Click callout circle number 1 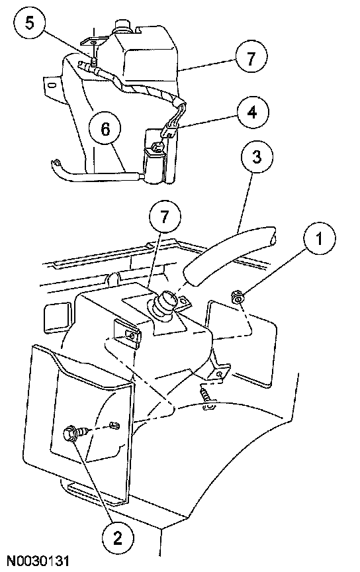point(319,239)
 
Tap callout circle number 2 point(117,538)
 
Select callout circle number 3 point(257,157)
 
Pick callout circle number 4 point(252,112)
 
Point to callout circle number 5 point(30,23)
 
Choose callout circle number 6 point(105,128)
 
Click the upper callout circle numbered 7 point(251,58)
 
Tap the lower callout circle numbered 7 point(165,218)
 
